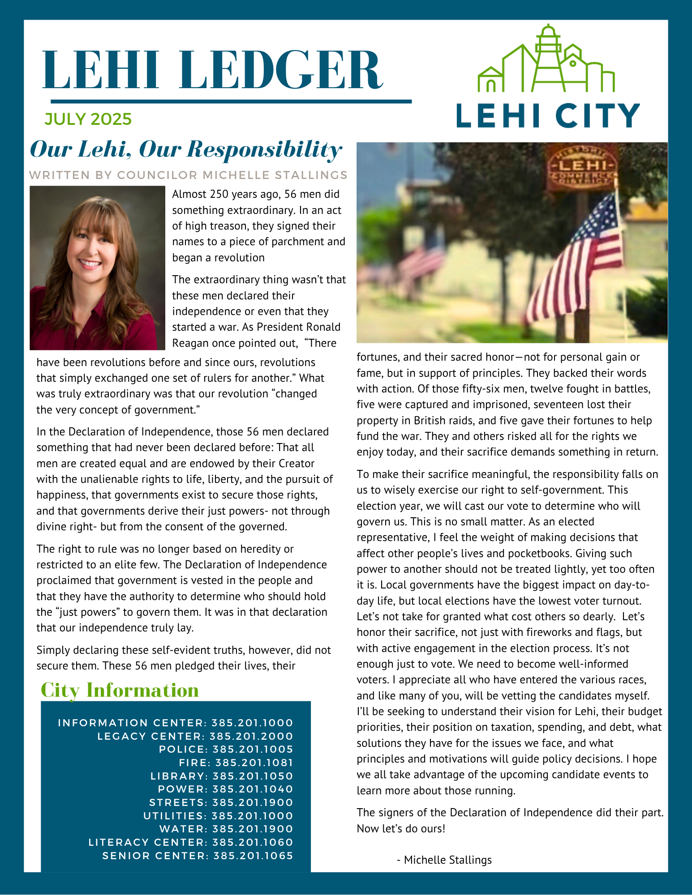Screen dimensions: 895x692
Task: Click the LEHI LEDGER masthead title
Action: (213, 71)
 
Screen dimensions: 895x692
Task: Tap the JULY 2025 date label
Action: (88, 119)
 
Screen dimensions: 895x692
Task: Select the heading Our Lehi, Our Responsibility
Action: (186, 149)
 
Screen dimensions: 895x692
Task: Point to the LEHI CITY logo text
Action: (548, 115)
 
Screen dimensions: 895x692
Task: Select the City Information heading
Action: (120, 690)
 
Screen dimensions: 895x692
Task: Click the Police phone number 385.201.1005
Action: (253, 749)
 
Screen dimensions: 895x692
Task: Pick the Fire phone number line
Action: (236, 763)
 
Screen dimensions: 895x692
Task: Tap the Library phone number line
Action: (222, 776)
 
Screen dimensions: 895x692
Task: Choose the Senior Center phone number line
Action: (198, 856)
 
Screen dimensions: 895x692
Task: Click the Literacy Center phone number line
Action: (191, 842)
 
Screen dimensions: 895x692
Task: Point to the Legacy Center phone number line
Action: (195, 736)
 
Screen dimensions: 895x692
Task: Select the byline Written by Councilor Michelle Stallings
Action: (188, 175)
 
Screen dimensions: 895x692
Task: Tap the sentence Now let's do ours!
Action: (401, 828)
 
